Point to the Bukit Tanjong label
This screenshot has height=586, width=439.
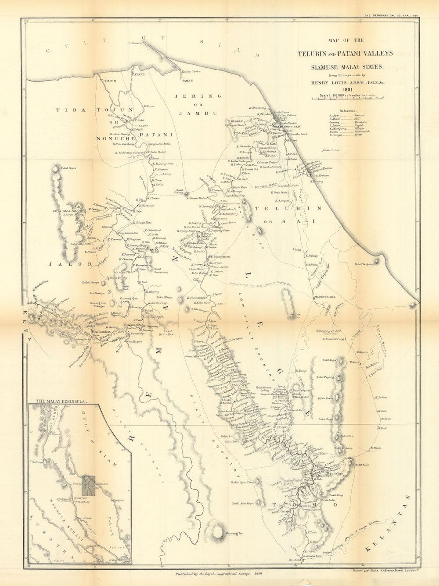pos(365,264)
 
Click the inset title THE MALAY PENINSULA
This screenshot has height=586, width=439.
pos(61,401)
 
